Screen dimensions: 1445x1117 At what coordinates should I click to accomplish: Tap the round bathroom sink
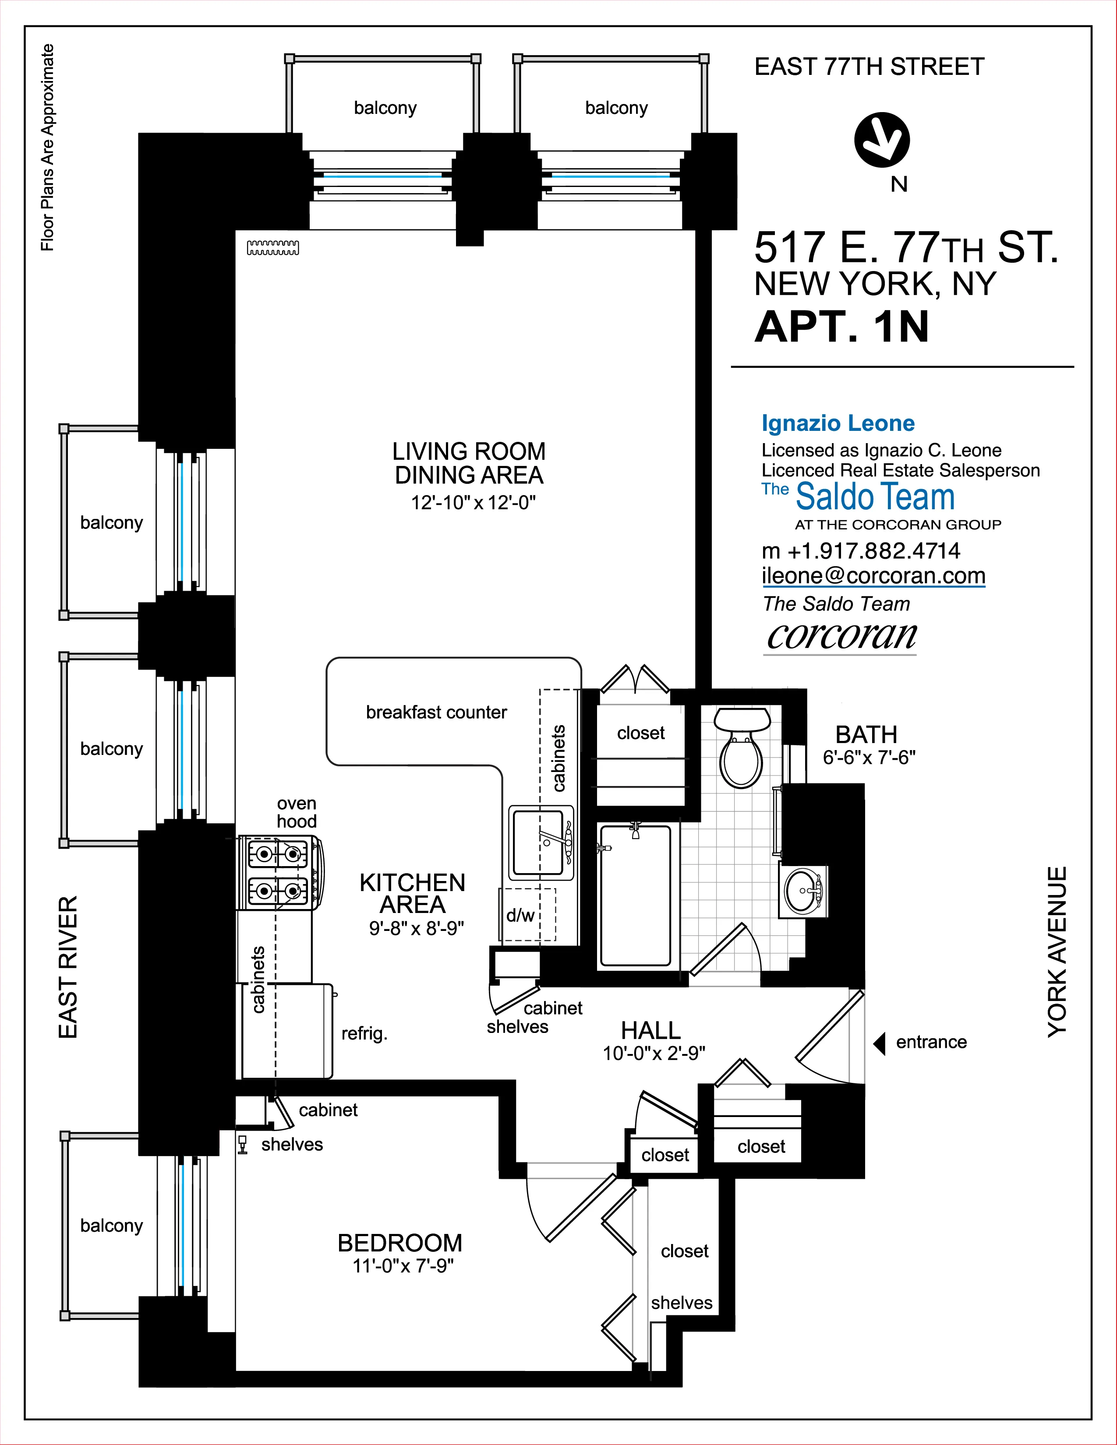[x=802, y=891]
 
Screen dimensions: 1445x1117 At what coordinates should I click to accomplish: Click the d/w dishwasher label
[x=520, y=916]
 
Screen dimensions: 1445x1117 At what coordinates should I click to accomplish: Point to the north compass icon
[x=881, y=140]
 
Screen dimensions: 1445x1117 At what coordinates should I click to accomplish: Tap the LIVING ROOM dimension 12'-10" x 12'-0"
[x=473, y=503]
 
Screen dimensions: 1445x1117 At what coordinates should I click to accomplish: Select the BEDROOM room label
[x=399, y=1243]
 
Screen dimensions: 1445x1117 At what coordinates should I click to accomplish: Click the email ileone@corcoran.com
[x=873, y=576]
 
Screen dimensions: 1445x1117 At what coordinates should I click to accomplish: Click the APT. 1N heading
[x=842, y=327]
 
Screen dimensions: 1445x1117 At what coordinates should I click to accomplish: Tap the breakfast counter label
[x=436, y=712]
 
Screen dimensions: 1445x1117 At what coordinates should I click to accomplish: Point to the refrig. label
[x=364, y=1033]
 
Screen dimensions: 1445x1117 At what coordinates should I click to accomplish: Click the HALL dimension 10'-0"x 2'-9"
[x=654, y=1053]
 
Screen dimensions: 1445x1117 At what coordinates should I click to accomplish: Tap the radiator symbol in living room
[x=272, y=248]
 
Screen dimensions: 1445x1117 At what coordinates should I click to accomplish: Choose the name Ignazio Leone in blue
[x=838, y=423]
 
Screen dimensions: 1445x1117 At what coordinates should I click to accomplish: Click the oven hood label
[x=297, y=812]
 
